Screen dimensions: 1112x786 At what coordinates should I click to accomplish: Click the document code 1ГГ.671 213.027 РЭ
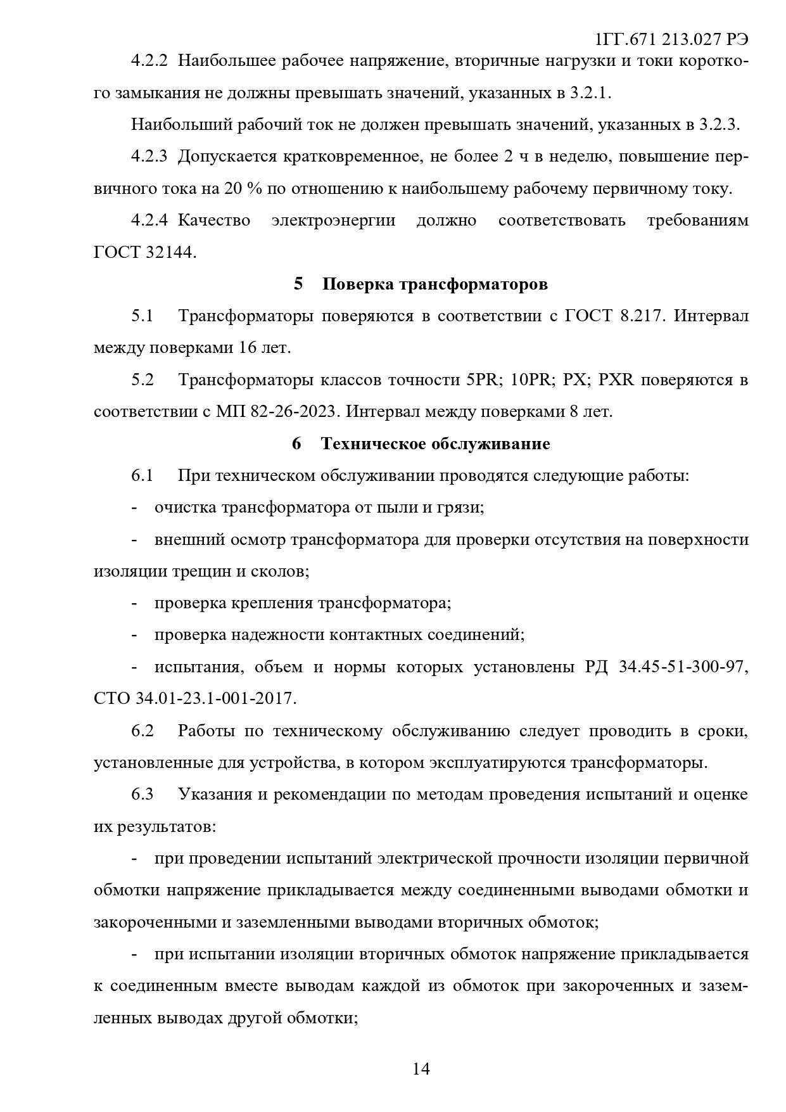(x=672, y=40)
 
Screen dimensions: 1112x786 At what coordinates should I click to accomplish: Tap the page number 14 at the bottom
(x=421, y=1069)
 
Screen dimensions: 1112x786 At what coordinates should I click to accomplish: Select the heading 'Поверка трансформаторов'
(x=434, y=284)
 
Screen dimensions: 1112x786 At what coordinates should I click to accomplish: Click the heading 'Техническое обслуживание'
(x=435, y=444)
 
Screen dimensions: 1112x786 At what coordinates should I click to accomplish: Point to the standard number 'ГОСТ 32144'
(x=144, y=252)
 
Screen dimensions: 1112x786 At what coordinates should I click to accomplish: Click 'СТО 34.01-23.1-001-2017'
(x=194, y=699)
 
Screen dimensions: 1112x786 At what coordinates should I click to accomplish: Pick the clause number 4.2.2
(x=149, y=61)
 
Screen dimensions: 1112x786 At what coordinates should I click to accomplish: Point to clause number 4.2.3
(x=149, y=157)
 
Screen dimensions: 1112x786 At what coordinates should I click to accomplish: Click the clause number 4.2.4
(x=149, y=220)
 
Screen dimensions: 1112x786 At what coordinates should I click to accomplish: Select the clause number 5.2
(x=143, y=380)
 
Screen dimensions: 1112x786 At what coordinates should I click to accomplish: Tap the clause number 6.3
(x=143, y=795)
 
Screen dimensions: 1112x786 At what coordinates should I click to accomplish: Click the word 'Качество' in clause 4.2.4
(x=214, y=220)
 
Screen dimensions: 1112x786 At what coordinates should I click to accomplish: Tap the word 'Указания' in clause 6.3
(x=215, y=795)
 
